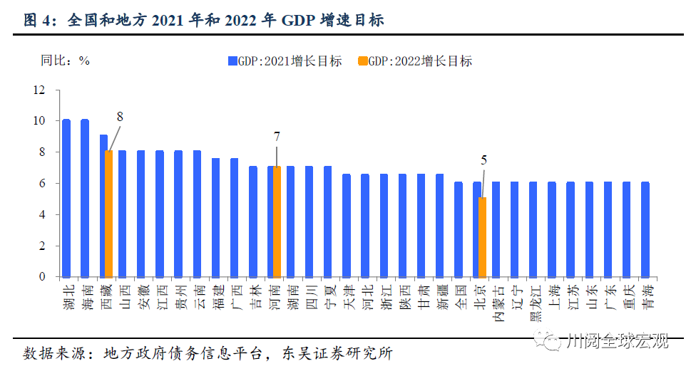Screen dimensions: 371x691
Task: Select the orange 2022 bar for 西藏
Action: point(109,214)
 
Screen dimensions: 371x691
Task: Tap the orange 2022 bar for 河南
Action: point(277,221)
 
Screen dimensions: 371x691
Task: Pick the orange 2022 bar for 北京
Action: point(483,237)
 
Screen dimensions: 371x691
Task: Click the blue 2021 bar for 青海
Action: point(645,229)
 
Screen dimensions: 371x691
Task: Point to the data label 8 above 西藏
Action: point(120,115)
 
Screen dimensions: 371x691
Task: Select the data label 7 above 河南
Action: point(277,135)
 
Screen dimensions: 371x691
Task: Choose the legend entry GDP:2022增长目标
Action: point(419,61)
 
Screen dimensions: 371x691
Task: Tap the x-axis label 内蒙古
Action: point(496,303)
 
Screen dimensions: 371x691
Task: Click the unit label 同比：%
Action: point(65,61)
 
